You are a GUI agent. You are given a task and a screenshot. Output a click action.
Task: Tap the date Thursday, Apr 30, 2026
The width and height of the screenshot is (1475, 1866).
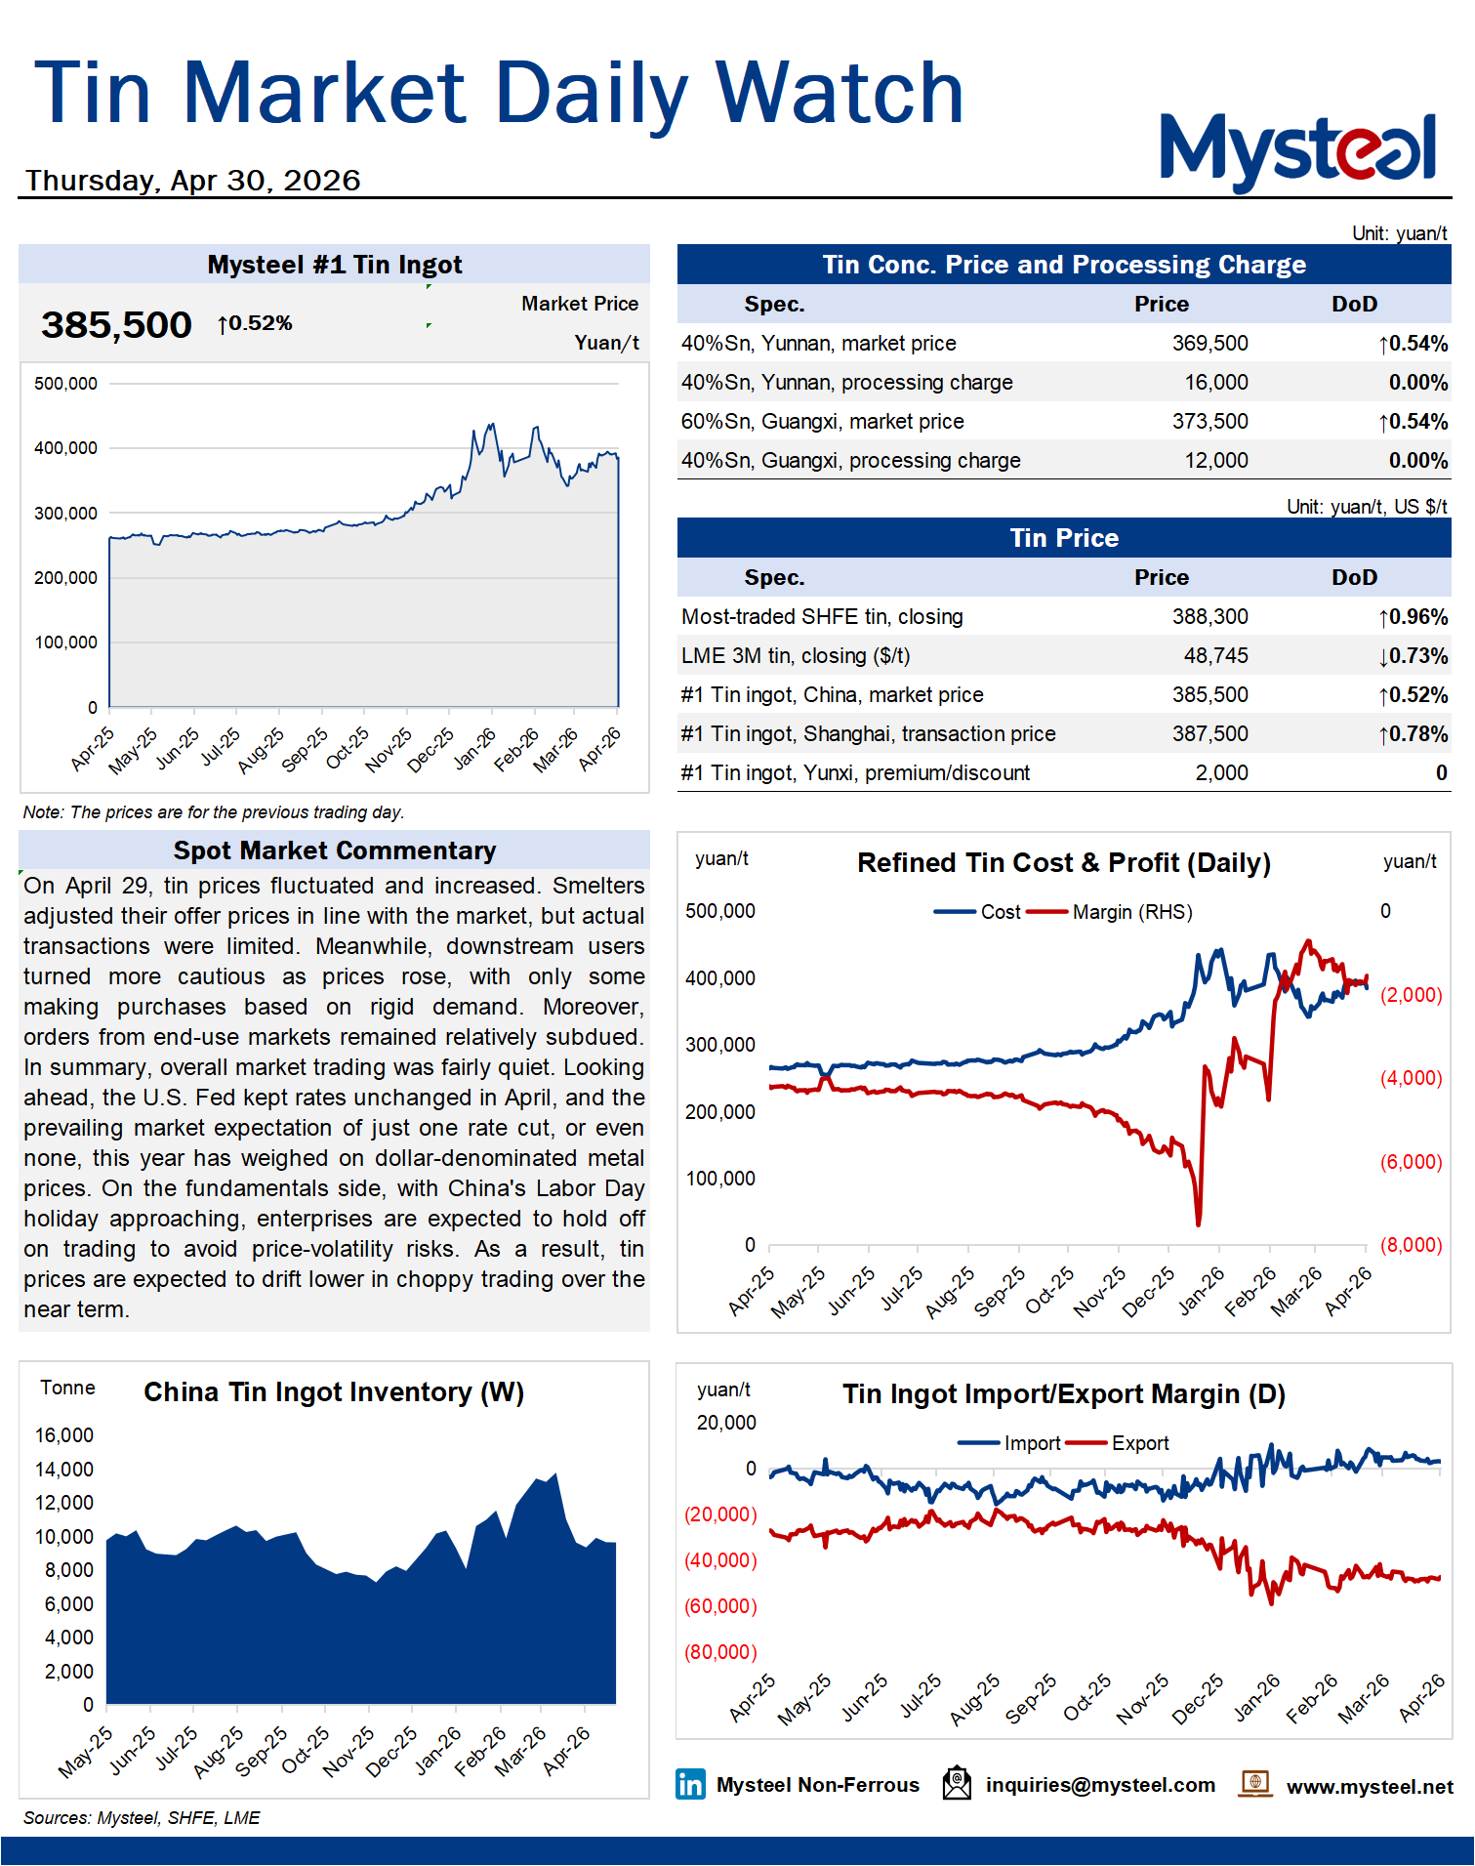click(193, 181)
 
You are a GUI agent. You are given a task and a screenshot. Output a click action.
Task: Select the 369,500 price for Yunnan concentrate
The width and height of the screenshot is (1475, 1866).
click(1209, 344)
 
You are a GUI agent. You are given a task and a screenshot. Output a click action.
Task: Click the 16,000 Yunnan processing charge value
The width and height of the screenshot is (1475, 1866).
click(1215, 383)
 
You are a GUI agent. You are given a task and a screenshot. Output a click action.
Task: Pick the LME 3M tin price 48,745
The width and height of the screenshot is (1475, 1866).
click(1215, 656)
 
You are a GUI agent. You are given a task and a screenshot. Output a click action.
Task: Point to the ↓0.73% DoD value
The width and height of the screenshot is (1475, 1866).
click(1413, 656)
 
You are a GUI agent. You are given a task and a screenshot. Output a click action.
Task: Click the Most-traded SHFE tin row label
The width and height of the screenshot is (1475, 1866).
click(822, 617)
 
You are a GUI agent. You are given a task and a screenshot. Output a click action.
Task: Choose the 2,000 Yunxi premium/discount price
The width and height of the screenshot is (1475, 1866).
click(1221, 773)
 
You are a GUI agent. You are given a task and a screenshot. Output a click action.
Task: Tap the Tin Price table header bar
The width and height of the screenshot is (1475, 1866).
click(1063, 538)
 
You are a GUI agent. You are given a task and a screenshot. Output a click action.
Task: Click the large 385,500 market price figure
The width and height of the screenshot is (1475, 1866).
click(116, 325)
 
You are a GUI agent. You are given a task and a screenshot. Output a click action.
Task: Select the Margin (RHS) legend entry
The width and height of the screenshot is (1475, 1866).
click(1131, 912)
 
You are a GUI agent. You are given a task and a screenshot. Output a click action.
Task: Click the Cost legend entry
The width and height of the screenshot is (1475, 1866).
click(1000, 912)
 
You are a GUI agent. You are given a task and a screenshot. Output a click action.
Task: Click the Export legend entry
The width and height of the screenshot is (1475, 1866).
click(1139, 1443)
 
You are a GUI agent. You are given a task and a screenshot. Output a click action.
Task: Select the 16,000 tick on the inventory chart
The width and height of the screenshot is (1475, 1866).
click(64, 1435)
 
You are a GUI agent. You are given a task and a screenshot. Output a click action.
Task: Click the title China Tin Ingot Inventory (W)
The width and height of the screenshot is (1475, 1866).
click(334, 1392)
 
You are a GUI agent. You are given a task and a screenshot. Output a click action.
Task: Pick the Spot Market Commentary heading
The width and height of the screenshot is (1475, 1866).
click(334, 850)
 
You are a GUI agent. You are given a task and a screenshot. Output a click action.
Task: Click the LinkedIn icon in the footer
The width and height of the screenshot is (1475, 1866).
click(690, 1785)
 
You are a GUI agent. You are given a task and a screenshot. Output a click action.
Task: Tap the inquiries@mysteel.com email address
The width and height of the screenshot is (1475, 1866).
click(1100, 1785)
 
